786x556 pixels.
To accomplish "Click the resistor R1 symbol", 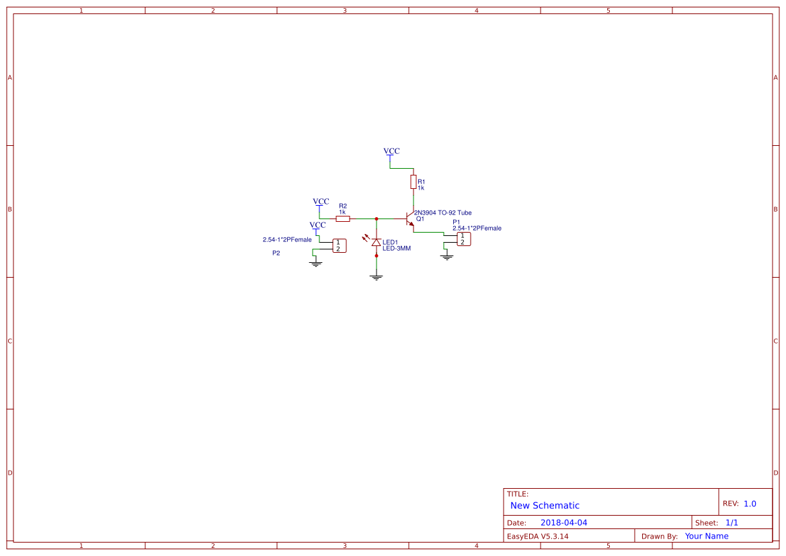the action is (413, 182).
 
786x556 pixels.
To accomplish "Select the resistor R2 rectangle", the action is (343, 219).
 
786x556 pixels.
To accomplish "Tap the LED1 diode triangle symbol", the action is (376, 242).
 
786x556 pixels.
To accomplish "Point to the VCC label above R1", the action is (391, 151).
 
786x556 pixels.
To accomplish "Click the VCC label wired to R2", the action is (321, 202).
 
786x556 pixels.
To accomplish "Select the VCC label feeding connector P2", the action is (317, 225).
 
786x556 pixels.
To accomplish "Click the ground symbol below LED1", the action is (376, 277).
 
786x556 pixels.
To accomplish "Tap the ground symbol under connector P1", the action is (446, 257).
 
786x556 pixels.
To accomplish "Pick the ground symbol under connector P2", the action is (315, 264).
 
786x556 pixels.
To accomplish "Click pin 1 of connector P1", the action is (462, 235).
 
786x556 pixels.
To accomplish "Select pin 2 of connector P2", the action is (338, 249).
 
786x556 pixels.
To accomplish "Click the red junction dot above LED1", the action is (377, 219).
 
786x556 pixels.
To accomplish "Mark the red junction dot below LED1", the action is (377, 255).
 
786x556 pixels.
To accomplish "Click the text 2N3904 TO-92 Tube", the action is (442, 212).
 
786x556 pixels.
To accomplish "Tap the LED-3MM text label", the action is (397, 248).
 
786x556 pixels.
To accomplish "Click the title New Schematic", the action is (545, 506).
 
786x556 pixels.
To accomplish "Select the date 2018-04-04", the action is (563, 522).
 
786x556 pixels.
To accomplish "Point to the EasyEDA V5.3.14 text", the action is (537, 537).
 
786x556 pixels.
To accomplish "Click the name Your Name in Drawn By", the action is (707, 536).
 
